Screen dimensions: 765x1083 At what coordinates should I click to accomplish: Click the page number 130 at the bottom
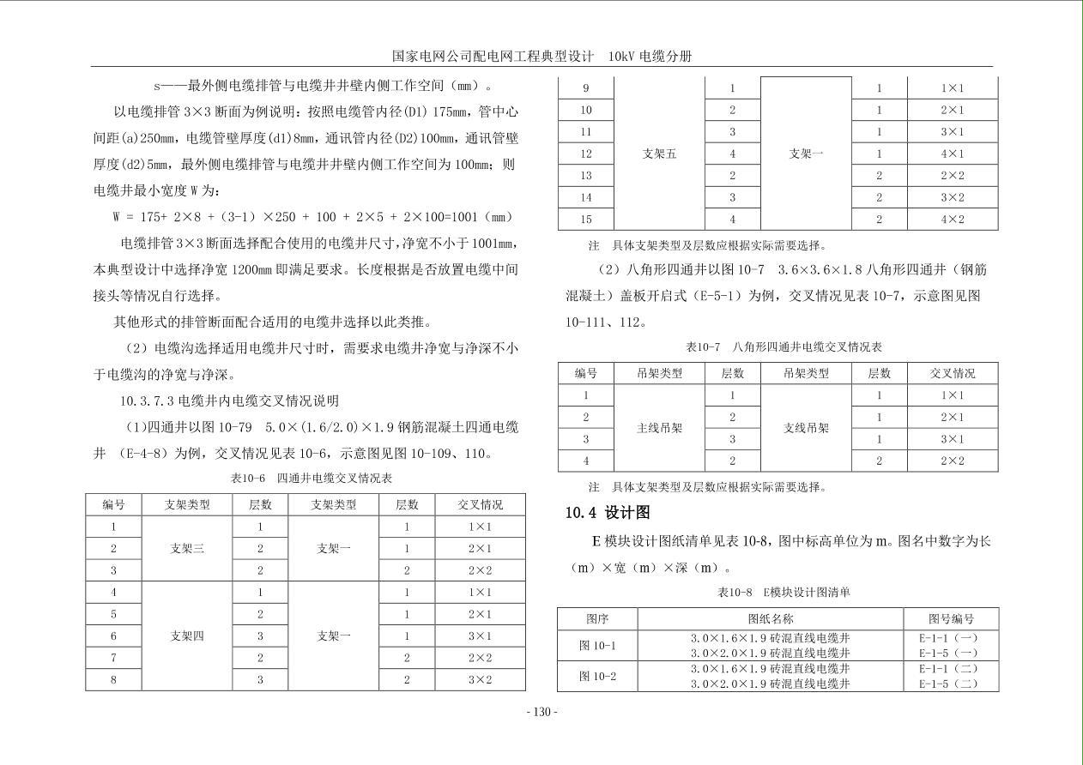pos(541,712)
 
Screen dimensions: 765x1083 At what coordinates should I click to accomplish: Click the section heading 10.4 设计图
pos(607,513)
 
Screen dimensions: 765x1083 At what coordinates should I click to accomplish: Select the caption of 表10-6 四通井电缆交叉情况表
pos(306,478)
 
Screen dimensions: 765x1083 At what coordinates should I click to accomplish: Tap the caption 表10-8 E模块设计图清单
pos(784,593)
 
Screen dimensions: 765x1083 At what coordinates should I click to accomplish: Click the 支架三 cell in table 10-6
pos(187,549)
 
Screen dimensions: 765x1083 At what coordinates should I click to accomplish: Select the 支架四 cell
pos(187,636)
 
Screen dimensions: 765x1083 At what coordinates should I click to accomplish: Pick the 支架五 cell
pos(660,154)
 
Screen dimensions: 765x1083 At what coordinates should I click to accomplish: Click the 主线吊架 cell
pos(660,429)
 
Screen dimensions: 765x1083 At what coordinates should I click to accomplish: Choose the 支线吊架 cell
pos(806,429)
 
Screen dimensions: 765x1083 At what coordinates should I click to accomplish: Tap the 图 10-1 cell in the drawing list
pos(597,645)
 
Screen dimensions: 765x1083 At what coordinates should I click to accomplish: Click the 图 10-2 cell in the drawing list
pos(597,676)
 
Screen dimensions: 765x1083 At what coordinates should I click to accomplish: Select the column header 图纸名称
pos(770,618)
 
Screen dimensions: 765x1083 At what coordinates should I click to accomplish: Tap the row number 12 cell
pos(586,154)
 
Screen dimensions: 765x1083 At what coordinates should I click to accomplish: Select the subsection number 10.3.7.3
pos(147,401)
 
